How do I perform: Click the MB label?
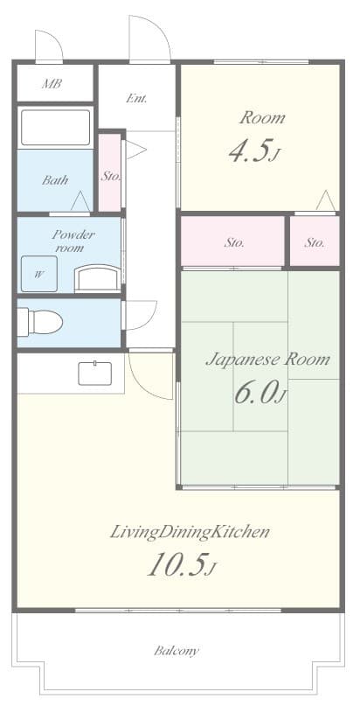52,84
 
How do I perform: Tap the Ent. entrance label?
135,99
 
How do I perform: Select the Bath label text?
55,180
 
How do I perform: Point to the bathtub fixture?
55,128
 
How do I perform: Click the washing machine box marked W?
39,273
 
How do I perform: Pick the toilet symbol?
40,321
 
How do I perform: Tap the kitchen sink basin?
95,374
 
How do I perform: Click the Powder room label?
73,241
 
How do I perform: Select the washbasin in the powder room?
98,278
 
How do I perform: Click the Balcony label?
177,651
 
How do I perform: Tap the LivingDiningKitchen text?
190,532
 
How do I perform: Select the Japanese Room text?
267,360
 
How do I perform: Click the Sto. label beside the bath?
110,176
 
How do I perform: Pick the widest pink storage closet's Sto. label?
234,243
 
